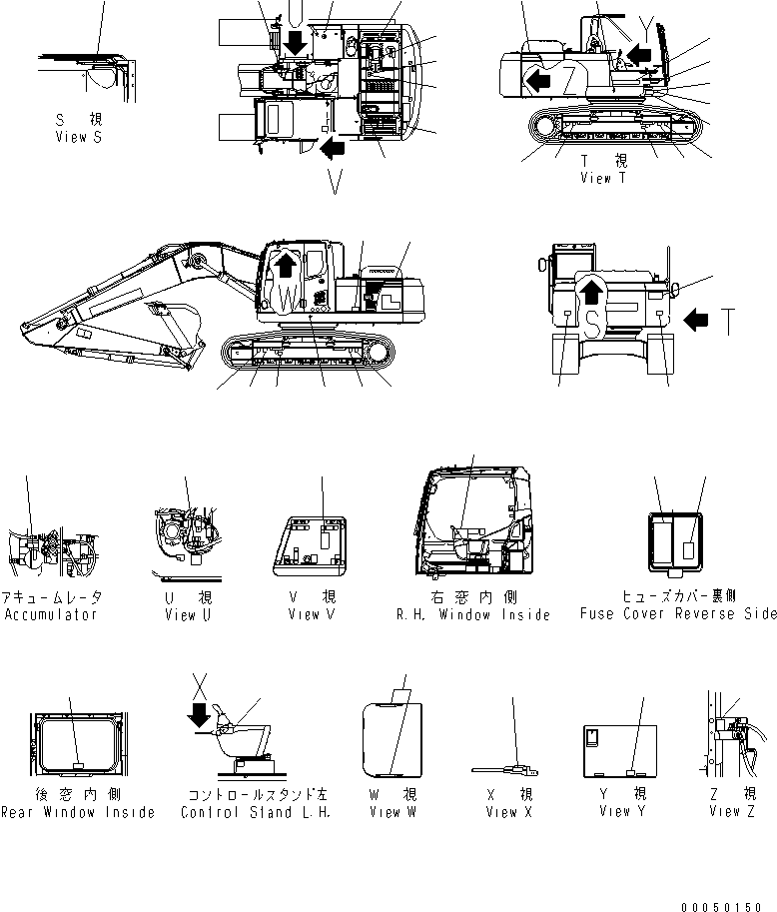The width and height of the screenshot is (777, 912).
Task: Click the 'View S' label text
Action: pyautogui.click(x=78, y=137)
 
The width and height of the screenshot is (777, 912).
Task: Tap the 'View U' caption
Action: pyautogui.click(x=187, y=614)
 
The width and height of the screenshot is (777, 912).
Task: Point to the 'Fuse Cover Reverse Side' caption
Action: pyautogui.click(x=677, y=614)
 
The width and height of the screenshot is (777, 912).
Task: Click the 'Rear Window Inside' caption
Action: pyautogui.click(x=77, y=812)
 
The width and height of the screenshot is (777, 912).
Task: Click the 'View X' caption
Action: pyautogui.click(x=508, y=812)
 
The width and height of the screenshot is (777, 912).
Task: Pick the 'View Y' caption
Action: pyautogui.click(x=622, y=812)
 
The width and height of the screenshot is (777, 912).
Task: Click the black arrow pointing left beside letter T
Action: pyautogui.click(x=699, y=320)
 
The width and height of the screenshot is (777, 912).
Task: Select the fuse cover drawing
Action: pyautogui.click(x=675, y=545)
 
